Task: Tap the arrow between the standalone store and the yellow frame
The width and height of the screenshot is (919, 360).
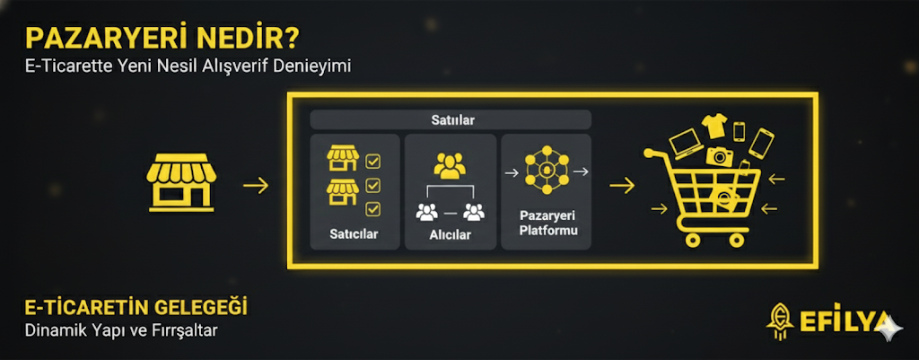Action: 256,186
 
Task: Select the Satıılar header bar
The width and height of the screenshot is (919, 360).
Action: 451,119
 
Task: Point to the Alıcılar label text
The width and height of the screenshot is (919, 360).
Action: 451,235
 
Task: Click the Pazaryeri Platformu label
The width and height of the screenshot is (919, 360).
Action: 546,225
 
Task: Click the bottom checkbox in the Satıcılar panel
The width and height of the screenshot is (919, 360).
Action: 373,209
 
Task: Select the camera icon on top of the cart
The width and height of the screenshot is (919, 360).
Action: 720,156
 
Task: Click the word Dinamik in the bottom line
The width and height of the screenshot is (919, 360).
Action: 52,330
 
